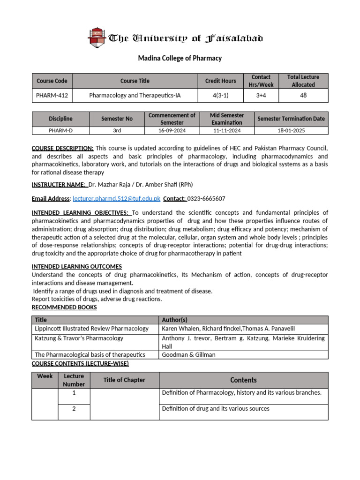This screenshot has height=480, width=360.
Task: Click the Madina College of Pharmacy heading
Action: [x=180, y=59]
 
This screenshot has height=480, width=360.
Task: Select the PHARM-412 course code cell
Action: [x=52, y=96]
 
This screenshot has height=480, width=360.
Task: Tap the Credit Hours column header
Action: [x=221, y=81]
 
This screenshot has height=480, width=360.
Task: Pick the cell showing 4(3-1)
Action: [x=221, y=96]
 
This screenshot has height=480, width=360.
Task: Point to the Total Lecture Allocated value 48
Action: [x=303, y=96]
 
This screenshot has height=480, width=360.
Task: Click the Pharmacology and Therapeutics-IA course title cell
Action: [x=135, y=96]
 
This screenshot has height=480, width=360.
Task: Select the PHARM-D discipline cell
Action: [x=60, y=131]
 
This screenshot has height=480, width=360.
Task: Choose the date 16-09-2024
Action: [x=172, y=131]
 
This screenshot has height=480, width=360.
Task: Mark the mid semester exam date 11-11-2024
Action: [x=227, y=131]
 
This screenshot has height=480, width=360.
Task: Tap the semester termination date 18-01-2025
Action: [x=291, y=131]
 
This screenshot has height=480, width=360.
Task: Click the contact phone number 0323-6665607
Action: [x=206, y=199]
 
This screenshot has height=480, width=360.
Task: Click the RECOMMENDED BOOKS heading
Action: [x=64, y=307]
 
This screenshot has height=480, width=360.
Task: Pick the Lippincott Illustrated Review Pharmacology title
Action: [x=92, y=329]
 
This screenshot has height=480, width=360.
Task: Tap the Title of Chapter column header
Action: [x=124, y=380]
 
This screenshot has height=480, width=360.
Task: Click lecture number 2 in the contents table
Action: [x=74, y=409]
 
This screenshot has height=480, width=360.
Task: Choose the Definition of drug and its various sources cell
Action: [x=216, y=409]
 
